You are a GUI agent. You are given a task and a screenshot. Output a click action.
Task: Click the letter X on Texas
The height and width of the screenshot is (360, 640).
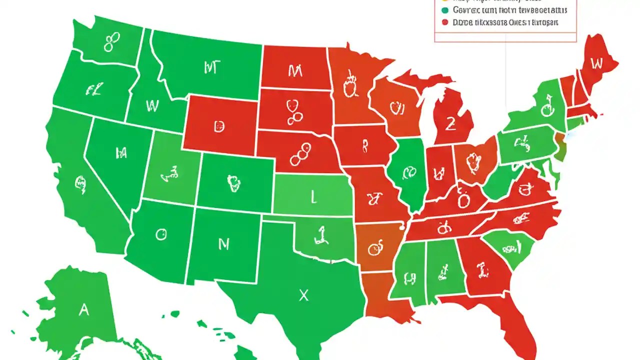pos(303,295)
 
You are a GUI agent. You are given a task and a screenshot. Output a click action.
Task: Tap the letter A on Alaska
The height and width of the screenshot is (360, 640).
pos(83,310)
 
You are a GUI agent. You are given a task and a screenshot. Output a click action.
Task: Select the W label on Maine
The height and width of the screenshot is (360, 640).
pos(596,63)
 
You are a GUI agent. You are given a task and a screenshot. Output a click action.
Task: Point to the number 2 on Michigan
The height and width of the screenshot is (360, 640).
pos(450,124)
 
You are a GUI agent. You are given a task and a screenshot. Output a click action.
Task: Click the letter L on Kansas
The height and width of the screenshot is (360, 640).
pos(313,198)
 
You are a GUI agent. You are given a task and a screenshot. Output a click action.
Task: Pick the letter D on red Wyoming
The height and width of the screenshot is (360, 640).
pos(219,126)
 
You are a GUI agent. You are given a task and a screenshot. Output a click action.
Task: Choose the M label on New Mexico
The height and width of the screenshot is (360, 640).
pos(223,244)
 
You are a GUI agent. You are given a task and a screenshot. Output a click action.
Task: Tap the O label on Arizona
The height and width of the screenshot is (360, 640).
pos(160,234)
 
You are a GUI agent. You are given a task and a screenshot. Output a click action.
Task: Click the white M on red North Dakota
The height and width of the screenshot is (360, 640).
pos(295,71)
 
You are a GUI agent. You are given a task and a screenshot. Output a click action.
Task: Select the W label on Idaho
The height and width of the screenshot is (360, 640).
pos(151,105)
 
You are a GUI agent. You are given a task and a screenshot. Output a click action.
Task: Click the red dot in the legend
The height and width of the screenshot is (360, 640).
pos(445,22)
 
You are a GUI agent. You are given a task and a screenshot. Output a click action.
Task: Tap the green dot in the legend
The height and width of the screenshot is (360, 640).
pos(445,10)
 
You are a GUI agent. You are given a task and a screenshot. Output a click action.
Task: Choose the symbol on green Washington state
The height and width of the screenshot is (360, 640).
pos(111,42)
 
